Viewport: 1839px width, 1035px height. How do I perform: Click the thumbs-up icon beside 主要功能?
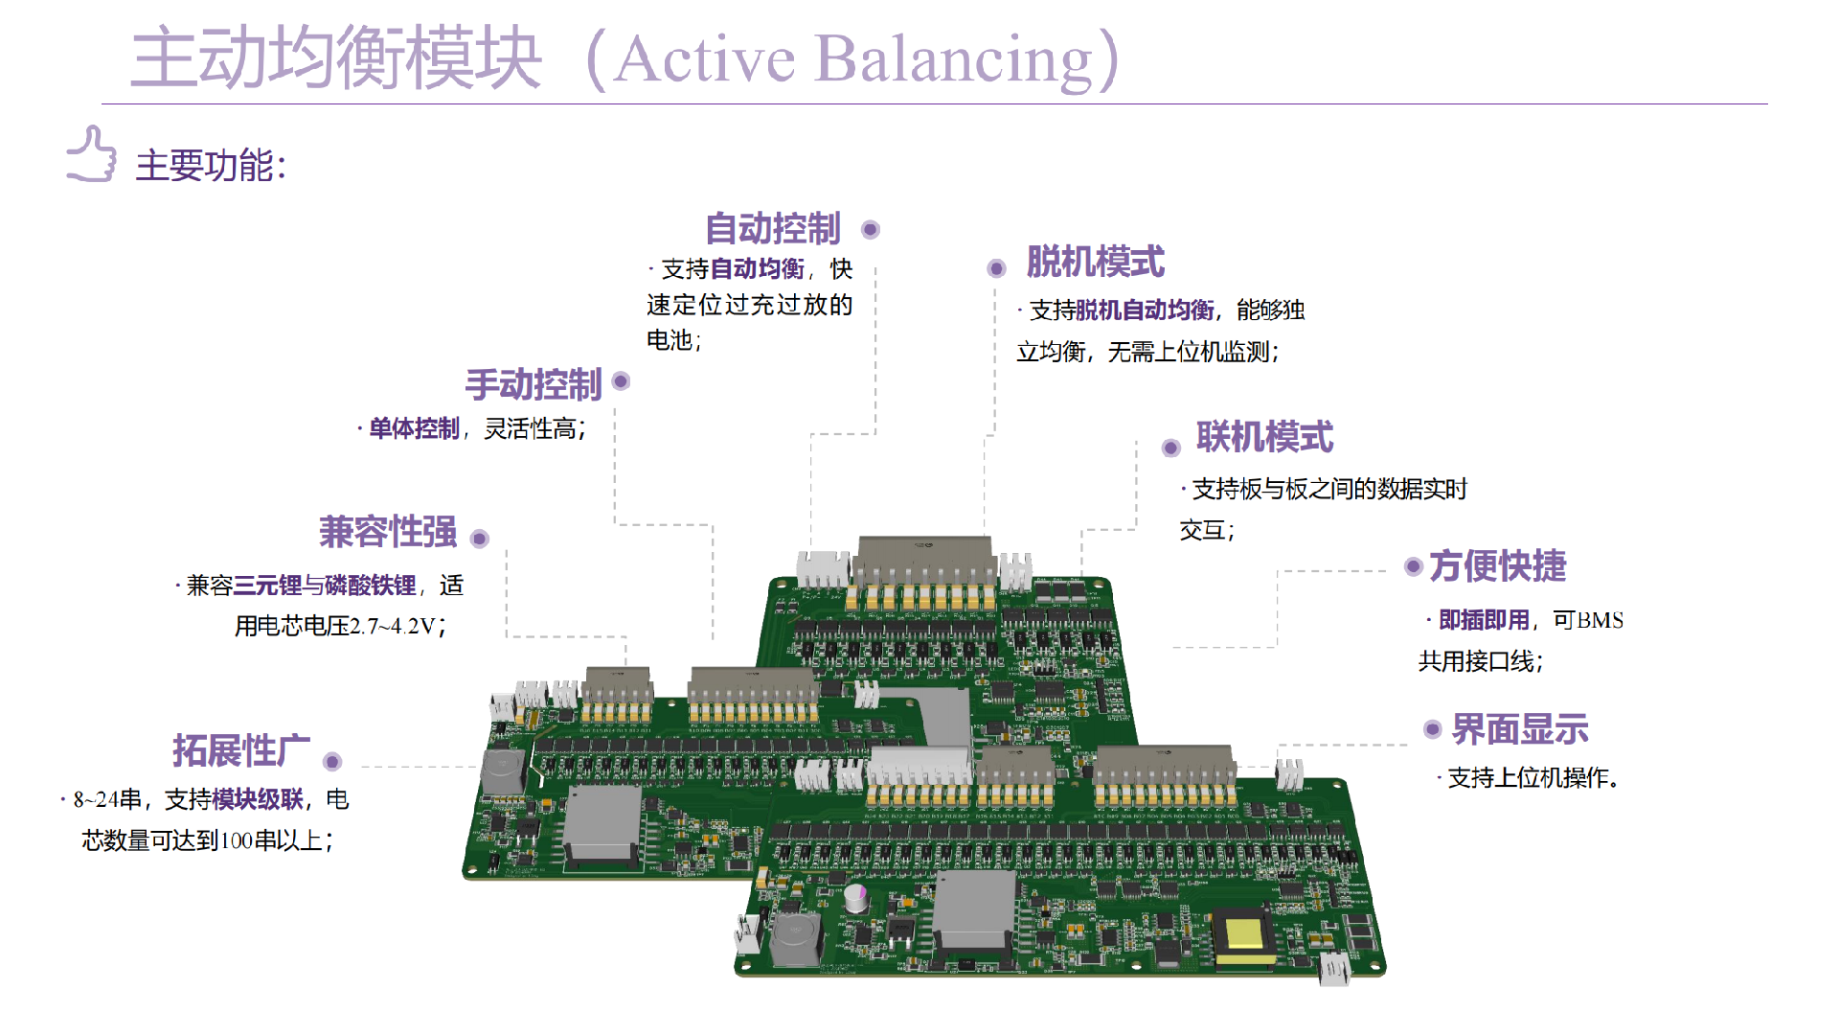pos(92,154)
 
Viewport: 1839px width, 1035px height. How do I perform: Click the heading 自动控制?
pos(772,229)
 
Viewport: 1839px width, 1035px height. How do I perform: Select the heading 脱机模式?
pos(1095,262)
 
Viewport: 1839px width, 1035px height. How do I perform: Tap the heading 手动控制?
pos(533,384)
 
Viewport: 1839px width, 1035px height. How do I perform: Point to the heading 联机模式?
pos(1264,437)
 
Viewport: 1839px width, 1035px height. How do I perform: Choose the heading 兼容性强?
pos(388,532)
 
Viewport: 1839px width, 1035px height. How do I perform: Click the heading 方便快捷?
pos(1497,565)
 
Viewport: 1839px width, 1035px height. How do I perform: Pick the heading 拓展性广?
pos(241,750)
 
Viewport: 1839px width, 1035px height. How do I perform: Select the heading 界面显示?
pos(1520,729)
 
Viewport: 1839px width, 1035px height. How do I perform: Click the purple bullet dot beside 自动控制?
pos(871,230)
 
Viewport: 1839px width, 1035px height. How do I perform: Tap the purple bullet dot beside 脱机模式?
pos(996,268)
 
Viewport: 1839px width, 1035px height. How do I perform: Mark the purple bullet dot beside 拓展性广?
pos(332,762)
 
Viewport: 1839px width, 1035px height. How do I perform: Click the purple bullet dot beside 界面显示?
pos(1433,730)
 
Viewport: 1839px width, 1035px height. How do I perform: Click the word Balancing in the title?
pos(954,59)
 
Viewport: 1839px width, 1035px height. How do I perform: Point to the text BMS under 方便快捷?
pos(1600,621)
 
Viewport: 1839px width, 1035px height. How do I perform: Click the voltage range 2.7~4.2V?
pos(394,627)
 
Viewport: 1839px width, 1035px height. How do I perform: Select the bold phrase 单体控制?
pos(414,428)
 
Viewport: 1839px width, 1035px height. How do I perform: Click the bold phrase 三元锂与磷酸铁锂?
pos(325,586)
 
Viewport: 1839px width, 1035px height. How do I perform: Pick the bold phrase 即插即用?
pos(1484,621)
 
